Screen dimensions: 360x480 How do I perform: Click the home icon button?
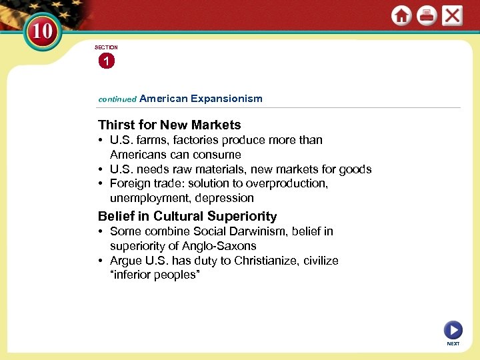tap(401, 16)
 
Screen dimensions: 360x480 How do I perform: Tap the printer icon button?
tap(427, 16)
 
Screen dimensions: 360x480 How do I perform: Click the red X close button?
tap(452, 15)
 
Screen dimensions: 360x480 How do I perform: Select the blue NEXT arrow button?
tap(453, 329)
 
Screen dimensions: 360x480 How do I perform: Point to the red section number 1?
tap(105, 61)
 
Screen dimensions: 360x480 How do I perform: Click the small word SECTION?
tap(106, 47)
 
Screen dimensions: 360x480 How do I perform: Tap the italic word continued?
tap(117, 99)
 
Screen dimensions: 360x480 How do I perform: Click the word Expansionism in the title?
tap(227, 98)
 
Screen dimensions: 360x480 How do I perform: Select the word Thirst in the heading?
tap(117, 125)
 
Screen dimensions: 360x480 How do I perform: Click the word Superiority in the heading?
tap(242, 216)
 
